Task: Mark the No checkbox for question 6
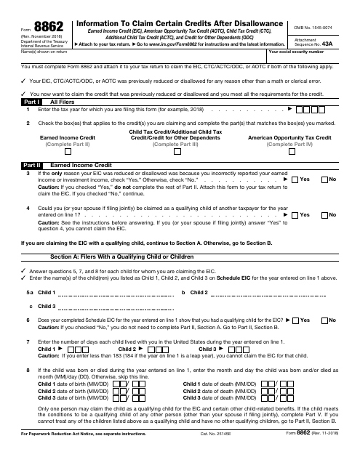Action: [x=323, y=320]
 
